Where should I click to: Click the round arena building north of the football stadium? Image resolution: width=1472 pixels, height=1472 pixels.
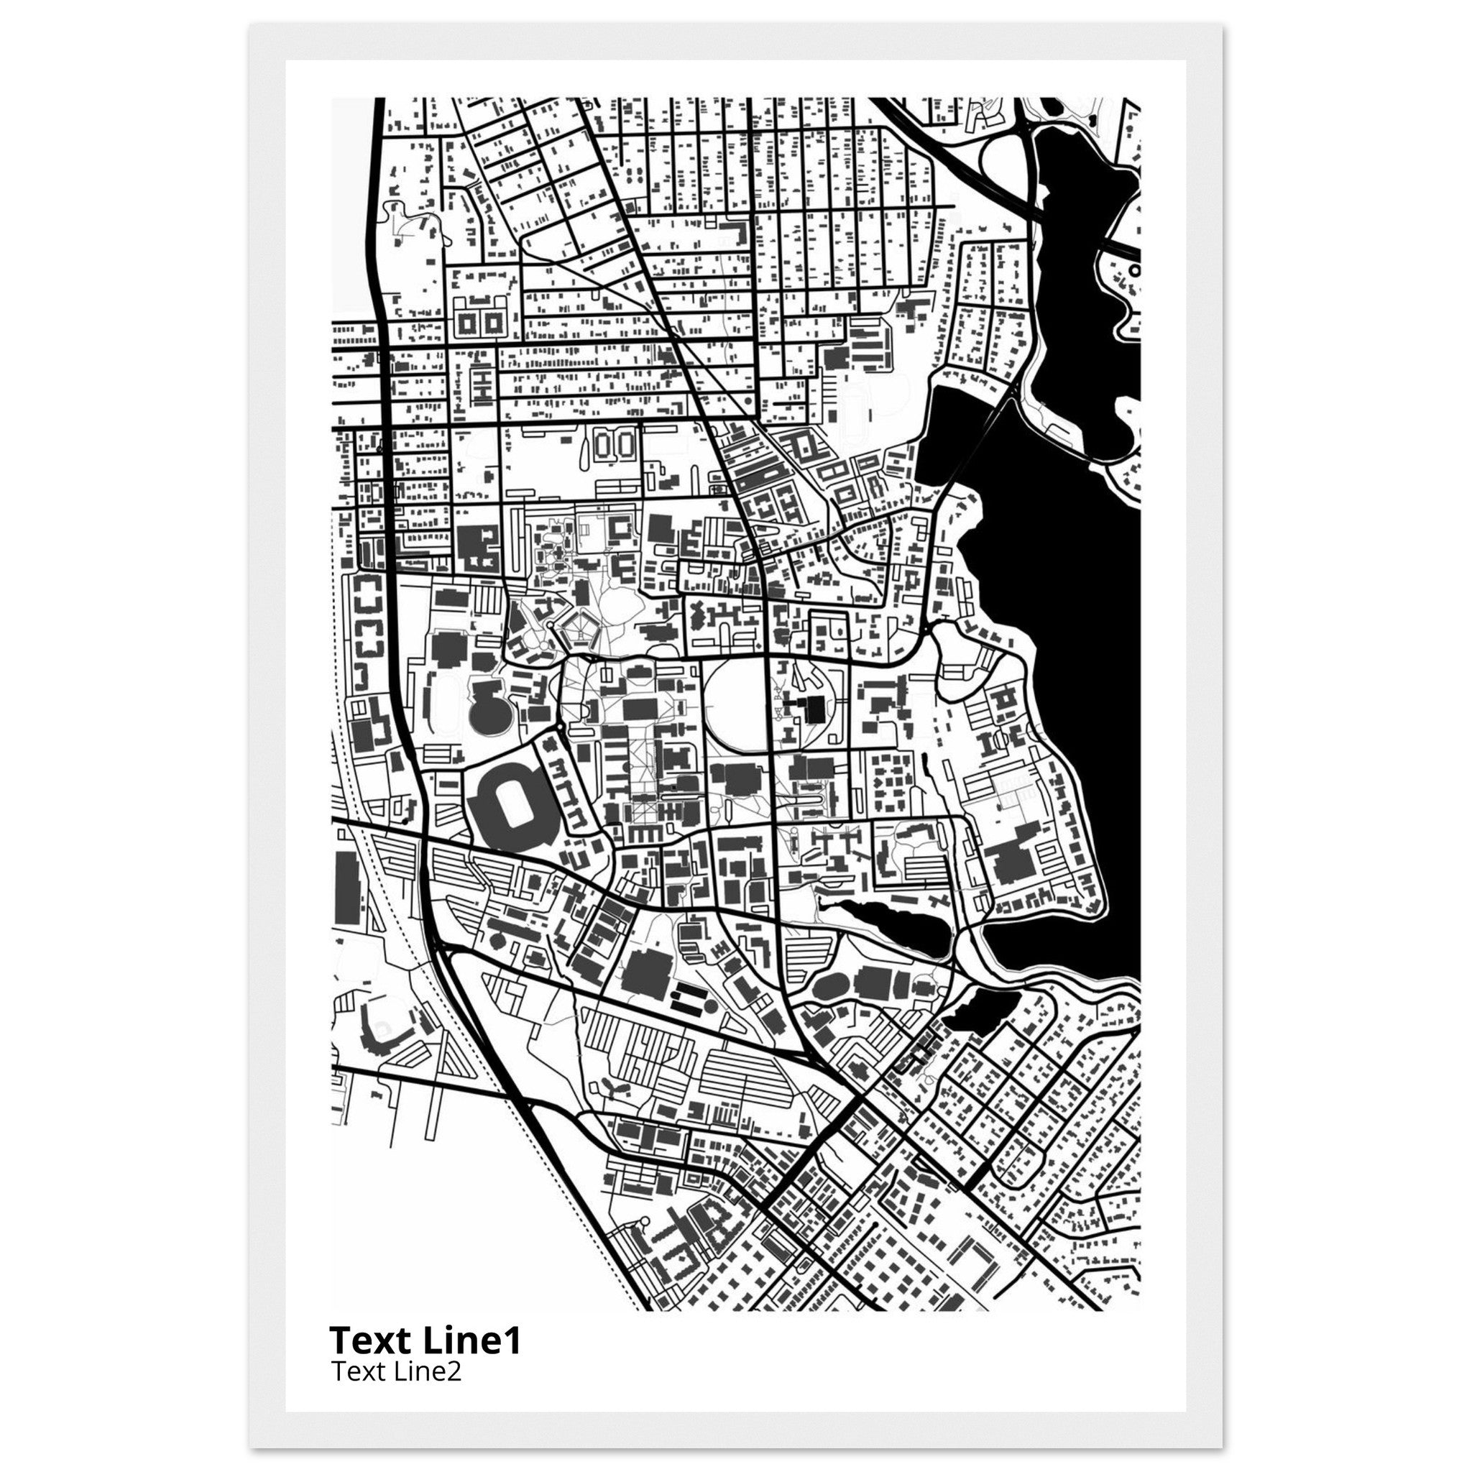[x=489, y=714]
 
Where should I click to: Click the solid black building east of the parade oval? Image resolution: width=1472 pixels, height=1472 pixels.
[x=814, y=708]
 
